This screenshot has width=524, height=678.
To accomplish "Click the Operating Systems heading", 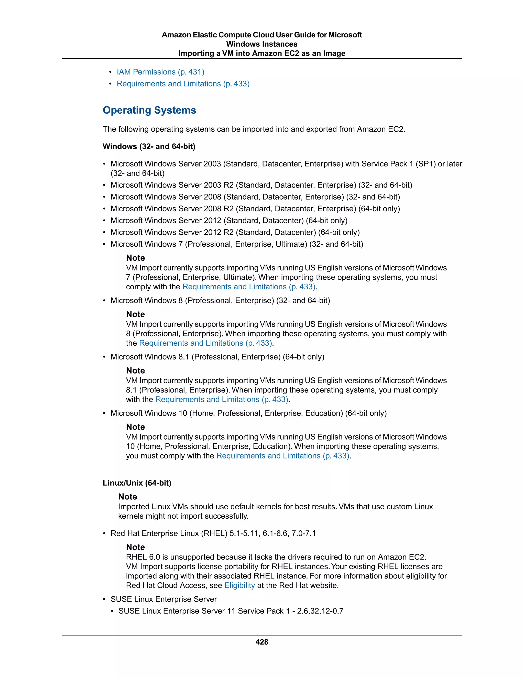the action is (x=149, y=110).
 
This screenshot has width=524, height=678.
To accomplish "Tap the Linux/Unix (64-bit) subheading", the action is (x=137, y=483).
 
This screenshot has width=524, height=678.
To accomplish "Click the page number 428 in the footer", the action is (x=262, y=642).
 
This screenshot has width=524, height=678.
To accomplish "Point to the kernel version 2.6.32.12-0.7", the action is (x=320, y=611).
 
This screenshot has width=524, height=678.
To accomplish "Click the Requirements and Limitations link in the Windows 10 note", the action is (x=282, y=456).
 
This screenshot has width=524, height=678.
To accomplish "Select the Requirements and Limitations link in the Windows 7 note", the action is (x=249, y=287).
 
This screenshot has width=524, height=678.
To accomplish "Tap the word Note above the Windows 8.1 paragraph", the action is (x=135, y=371).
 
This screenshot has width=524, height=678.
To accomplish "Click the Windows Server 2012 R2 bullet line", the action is (x=235, y=232).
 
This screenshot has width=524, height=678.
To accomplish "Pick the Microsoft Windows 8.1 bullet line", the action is (x=217, y=357).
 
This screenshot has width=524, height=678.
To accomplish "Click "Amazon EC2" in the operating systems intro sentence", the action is (x=380, y=129).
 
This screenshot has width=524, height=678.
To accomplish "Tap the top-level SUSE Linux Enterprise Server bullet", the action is (x=163, y=599).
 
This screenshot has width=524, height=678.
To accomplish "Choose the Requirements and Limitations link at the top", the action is (x=183, y=84).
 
